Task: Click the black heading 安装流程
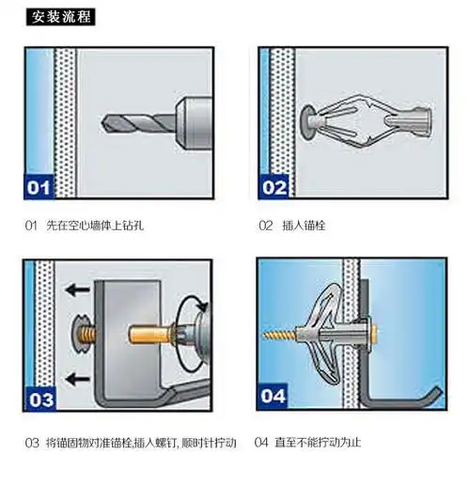[x=60, y=17]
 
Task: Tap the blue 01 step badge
[x=39, y=187]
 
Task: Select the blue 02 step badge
[x=274, y=187]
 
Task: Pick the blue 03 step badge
[x=39, y=399]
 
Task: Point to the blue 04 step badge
[x=273, y=396]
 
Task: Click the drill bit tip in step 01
[x=102, y=123]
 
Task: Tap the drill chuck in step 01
[x=194, y=123]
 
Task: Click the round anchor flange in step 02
[x=307, y=121]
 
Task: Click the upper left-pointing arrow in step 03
[x=77, y=289]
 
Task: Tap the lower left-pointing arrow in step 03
[x=77, y=379]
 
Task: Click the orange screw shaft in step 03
[x=150, y=335]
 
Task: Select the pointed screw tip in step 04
[x=265, y=336]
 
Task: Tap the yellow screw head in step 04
[x=374, y=334]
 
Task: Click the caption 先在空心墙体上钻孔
[x=95, y=226]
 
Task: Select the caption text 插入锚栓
[x=304, y=226]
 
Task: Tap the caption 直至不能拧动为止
[x=318, y=443]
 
